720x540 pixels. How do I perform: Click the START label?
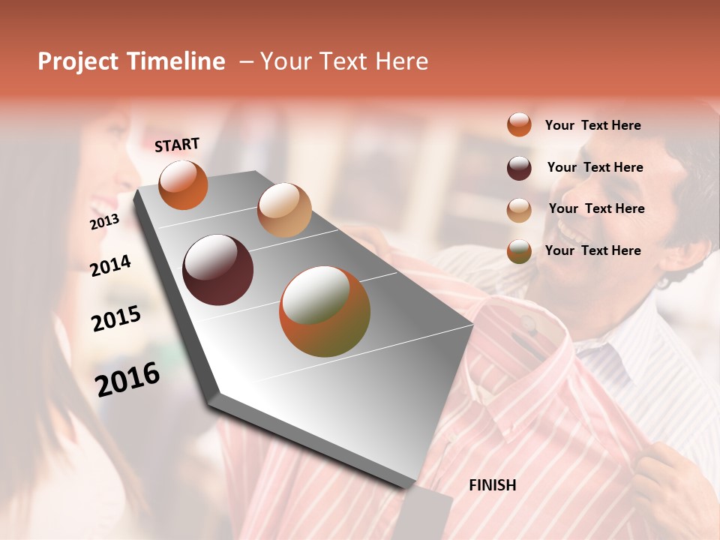coord(177,145)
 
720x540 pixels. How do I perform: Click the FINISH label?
coord(492,485)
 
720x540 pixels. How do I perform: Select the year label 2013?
coord(104,222)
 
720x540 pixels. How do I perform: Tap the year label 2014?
coord(110,266)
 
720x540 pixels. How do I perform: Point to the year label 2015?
coord(115,319)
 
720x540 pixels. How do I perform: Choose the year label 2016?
coord(127,379)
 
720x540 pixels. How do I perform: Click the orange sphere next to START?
coord(183,184)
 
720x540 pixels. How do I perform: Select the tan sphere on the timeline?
coord(284,210)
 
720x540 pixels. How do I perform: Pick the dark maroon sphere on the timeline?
coord(217,270)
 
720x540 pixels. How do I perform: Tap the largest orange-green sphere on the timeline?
coord(324,311)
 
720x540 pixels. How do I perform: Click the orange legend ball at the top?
coord(519,124)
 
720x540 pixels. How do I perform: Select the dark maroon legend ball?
coord(519,168)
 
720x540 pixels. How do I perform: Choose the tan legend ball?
coord(519,209)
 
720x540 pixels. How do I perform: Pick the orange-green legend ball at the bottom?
coord(519,251)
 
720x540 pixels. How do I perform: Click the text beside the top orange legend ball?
coord(592,125)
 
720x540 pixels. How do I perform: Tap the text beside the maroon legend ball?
coord(595,167)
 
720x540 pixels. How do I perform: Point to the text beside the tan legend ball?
coord(596,208)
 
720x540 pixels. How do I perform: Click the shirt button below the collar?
coord(529,324)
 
